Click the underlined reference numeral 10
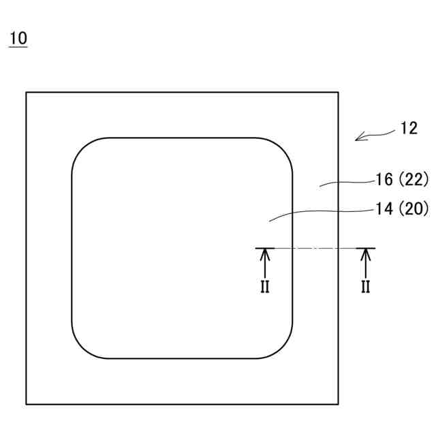[18, 38]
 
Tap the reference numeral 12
[409, 128]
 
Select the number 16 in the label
[384, 180]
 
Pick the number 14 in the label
[384, 209]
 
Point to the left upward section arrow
[265, 262]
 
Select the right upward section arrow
[366, 262]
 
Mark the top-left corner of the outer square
[27, 93]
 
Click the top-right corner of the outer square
[339, 93]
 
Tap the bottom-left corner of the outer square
[27, 405]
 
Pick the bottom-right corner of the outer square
[339, 405]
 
